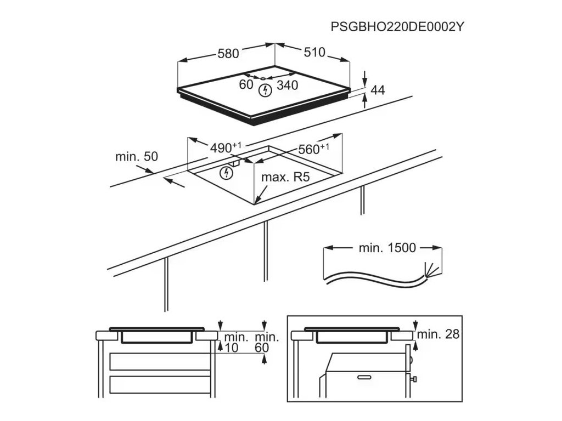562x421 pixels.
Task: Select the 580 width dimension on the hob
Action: [228, 54]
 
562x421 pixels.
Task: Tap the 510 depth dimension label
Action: [314, 53]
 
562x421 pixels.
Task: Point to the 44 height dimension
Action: [378, 90]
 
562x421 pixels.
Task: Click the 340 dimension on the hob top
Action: [287, 85]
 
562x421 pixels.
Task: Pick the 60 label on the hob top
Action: [246, 84]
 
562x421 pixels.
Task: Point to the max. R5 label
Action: [285, 178]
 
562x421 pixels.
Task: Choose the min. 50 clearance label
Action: [136, 157]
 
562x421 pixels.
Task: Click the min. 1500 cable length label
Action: [387, 248]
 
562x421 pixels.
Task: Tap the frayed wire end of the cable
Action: [432, 269]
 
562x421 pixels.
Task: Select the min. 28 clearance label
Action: [438, 334]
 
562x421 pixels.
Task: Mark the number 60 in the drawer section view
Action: [261, 348]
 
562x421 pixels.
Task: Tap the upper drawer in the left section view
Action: [160, 361]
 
